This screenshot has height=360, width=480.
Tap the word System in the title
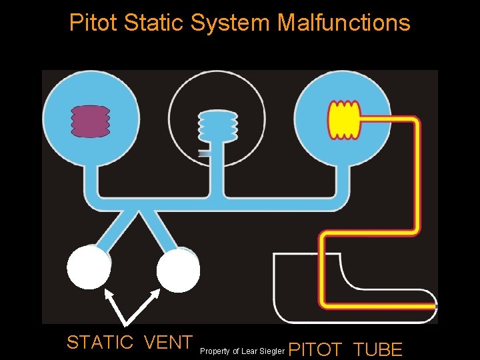click(x=231, y=23)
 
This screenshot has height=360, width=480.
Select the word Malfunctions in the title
click(x=343, y=23)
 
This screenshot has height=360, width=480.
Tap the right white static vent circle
click(x=178, y=270)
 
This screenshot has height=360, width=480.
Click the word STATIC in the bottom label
click(x=100, y=343)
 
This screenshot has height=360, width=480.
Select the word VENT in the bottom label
click(x=168, y=343)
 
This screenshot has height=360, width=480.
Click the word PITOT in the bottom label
click(x=316, y=349)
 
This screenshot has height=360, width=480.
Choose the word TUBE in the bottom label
click(x=378, y=349)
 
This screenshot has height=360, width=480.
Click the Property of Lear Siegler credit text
click(x=242, y=351)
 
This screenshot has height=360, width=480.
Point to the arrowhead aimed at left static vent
click(x=107, y=293)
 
